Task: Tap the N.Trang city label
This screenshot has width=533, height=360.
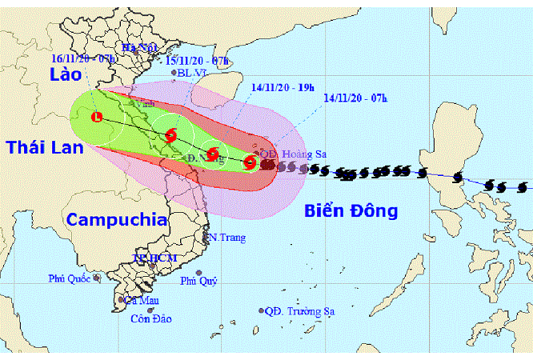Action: [x=226, y=238]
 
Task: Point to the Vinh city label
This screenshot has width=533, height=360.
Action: [x=144, y=103]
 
